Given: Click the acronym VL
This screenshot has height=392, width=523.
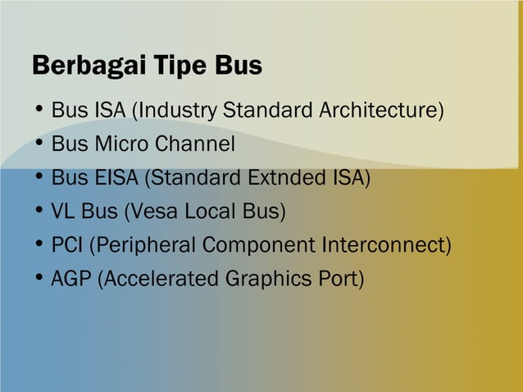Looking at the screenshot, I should point(62,212).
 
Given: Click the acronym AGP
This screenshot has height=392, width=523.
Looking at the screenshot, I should point(71,279).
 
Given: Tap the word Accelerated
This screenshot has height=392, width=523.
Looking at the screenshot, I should point(157,279).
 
